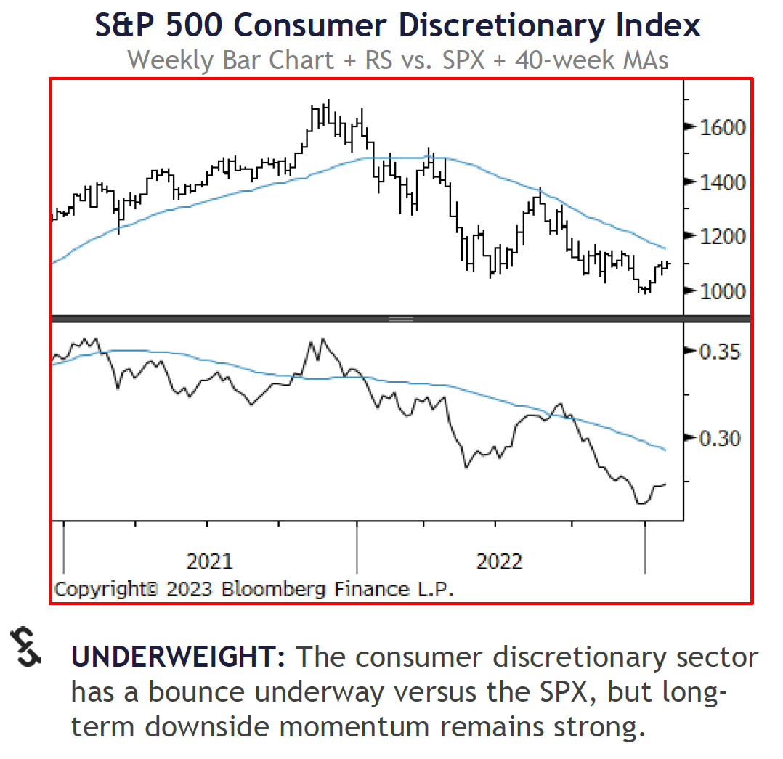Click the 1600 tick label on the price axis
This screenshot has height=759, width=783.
pos(722,127)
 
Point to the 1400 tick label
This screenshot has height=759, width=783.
pos(722,182)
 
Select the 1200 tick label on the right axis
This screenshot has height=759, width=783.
pos(722,236)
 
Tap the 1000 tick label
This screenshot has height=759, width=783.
pos(722,291)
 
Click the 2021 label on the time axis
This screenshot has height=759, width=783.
pos(209,561)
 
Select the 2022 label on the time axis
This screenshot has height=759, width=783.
pos(498,561)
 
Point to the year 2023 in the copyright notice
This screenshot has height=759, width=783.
pos(188,588)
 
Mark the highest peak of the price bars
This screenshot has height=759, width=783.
pos(327,101)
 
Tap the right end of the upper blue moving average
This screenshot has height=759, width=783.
pos(665,248)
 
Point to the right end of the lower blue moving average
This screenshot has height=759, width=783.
pos(665,450)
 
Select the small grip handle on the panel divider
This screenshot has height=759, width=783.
pos(402,319)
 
